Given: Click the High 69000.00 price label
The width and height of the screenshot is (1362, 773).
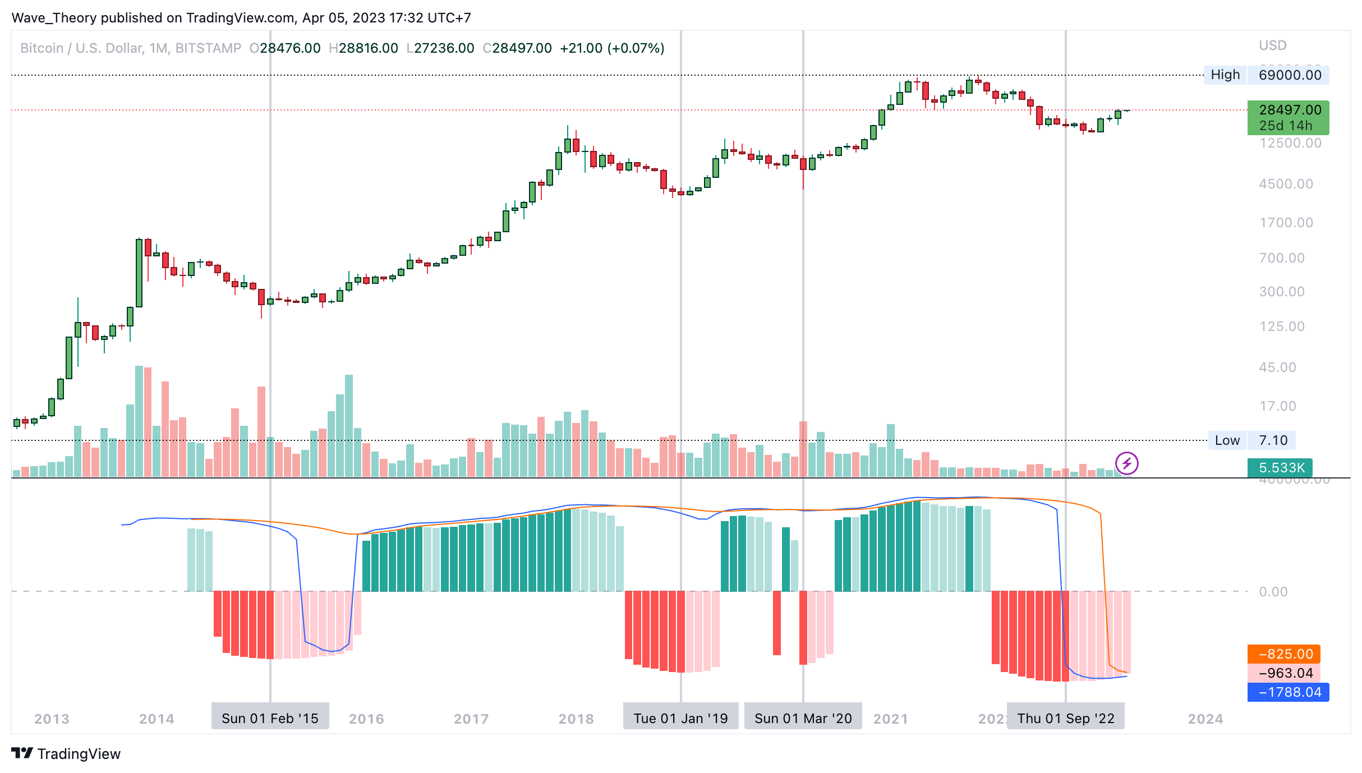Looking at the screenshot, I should click(1266, 75).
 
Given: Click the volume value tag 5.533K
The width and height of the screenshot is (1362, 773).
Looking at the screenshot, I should click(1282, 468).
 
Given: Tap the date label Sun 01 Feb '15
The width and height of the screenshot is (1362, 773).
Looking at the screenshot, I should click(270, 719).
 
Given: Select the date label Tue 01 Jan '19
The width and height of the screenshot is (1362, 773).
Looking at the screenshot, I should click(680, 719).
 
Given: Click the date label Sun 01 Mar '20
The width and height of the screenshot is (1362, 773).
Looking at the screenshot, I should click(803, 719).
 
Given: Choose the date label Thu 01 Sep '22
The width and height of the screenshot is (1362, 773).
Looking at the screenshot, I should click(1065, 719).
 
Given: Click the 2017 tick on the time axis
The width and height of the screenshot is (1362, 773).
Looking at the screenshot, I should click(471, 719).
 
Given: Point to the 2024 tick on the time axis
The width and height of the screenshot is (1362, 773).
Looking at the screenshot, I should click(1205, 719).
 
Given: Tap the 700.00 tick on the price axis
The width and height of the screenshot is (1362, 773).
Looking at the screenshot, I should click(1282, 258).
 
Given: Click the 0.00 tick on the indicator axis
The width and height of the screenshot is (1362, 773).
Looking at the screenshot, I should click(1273, 592).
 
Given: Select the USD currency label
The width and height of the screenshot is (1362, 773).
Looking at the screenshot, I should click(1272, 45).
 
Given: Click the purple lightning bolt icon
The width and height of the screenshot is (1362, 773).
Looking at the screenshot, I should click(1126, 464).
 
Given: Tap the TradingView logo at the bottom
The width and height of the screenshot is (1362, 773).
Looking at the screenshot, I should click(66, 753).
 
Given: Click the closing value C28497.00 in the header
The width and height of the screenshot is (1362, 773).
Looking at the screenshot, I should click(517, 48).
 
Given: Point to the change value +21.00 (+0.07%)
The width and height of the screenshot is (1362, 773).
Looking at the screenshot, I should click(612, 48).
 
